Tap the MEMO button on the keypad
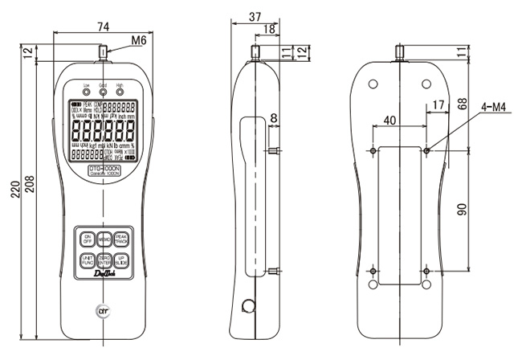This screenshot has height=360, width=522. click(104, 239)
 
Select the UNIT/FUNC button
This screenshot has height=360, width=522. click(86, 260)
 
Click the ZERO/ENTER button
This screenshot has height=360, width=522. click(104, 260)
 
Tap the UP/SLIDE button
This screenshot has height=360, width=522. click(120, 260)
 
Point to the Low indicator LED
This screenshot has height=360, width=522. click(86, 92)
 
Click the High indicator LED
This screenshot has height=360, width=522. click(119, 92)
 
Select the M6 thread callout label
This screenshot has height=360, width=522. click(138, 39)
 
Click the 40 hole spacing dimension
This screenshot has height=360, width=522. click(390, 120)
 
